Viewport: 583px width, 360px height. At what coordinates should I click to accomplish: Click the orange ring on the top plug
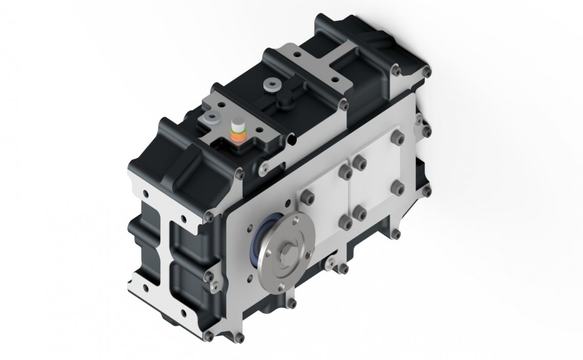[238, 136]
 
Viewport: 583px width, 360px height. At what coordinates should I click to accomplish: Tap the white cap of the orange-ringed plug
[238, 127]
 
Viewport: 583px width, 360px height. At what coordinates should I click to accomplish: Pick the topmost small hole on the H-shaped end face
[147, 194]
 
